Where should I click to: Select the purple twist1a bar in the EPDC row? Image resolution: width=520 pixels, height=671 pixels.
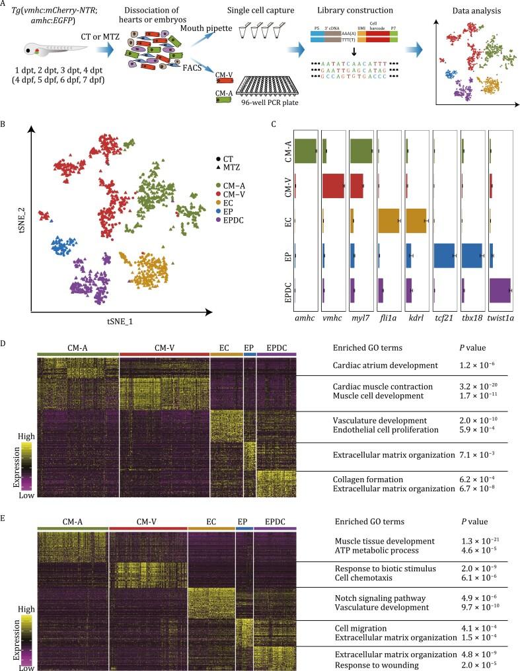pos(500,290)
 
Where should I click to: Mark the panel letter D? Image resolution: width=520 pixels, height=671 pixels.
pos(5,344)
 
